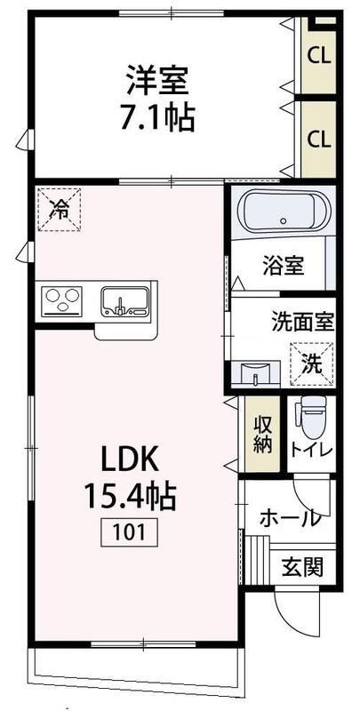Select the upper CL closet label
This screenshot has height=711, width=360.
319,55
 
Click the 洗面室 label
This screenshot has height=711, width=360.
301,323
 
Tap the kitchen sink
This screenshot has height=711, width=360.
124,300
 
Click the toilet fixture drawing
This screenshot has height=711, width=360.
309,416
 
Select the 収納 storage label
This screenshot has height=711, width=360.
263,435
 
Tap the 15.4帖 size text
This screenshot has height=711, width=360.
130,495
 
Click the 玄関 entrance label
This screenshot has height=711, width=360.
301,564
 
